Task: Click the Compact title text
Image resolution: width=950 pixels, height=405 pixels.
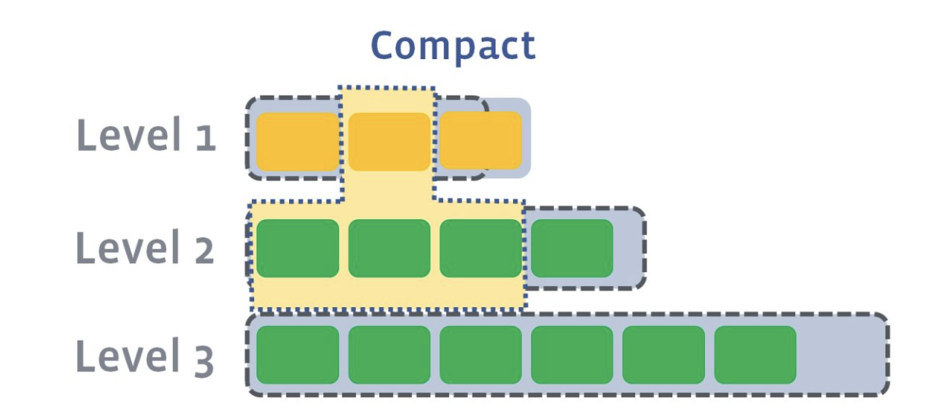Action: pos(453,47)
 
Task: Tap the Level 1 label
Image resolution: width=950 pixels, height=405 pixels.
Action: pos(146,138)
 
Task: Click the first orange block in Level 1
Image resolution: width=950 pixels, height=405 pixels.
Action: pos(297,141)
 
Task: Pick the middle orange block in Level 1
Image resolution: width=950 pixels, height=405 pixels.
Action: pos(389,141)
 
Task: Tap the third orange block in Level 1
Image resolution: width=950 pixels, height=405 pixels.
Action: pos(481,141)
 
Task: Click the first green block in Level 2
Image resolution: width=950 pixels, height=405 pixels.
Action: pos(297,248)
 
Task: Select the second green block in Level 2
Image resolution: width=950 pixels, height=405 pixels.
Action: pos(389,248)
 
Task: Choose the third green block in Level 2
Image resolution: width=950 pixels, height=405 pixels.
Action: pos(481,248)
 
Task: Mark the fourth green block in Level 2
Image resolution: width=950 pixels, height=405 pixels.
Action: pos(572,248)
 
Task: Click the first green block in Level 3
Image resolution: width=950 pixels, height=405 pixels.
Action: pos(297,355)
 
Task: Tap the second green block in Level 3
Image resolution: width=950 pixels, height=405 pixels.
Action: pos(389,355)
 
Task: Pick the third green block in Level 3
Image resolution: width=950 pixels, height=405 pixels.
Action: pos(481,355)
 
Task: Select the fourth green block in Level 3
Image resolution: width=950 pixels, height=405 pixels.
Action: pos(572,355)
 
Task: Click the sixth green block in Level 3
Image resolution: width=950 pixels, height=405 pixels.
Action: pos(755,355)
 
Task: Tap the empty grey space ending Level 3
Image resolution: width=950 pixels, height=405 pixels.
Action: pos(841,355)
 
